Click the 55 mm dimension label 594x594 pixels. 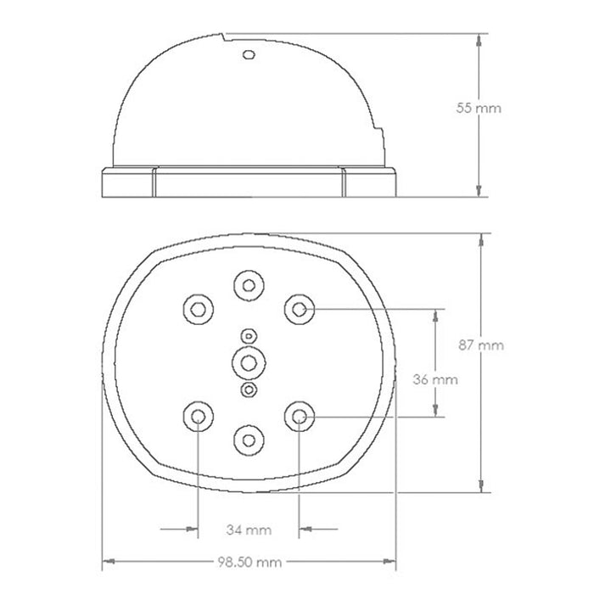[479, 108]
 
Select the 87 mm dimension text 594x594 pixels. [481, 345]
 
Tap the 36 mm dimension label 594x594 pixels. [435, 379]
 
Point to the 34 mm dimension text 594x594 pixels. [249, 530]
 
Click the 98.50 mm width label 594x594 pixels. [249, 562]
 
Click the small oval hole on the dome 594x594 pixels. [249, 55]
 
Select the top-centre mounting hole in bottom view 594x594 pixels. [249, 286]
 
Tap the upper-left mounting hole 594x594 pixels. [198, 310]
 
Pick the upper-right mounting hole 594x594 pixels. [300, 310]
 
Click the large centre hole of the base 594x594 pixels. [249, 363]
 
